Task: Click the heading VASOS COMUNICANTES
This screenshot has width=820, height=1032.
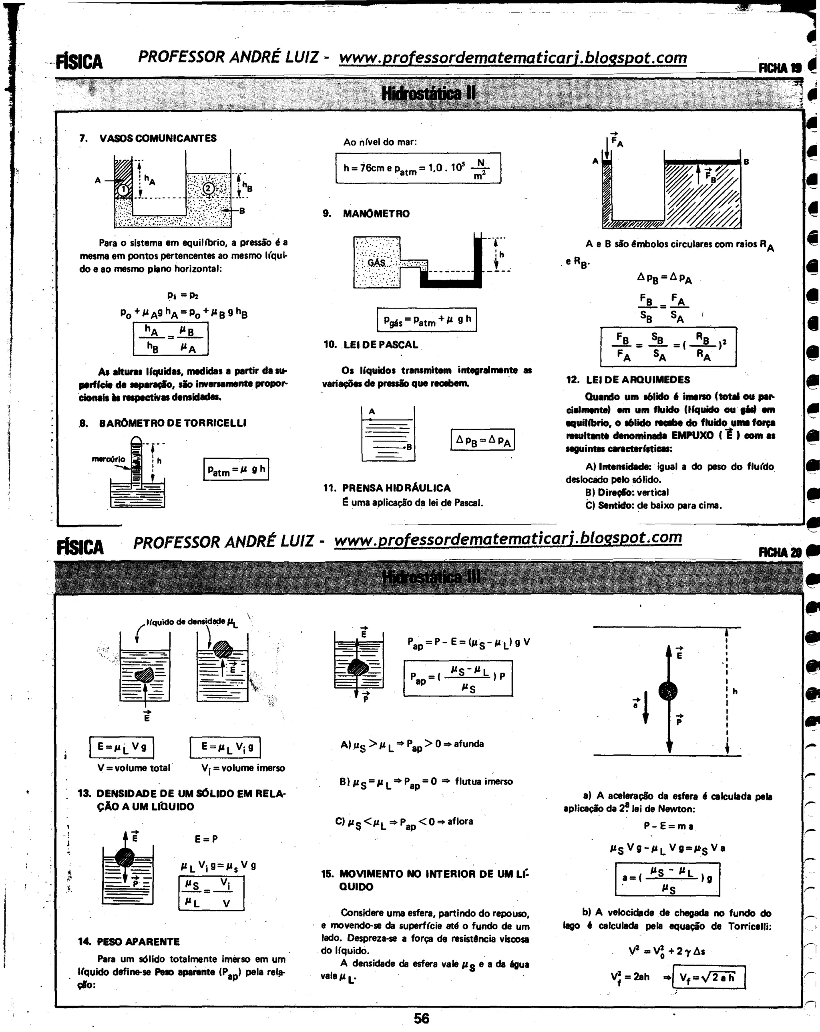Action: click(158, 138)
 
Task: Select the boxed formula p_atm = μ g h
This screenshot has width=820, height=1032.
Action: click(236, 470)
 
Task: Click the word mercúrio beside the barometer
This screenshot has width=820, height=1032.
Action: click(108, 459)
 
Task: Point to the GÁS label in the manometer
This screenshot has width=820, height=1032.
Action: click(376, 263)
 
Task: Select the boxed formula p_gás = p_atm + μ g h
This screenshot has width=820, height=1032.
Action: click(427, 320)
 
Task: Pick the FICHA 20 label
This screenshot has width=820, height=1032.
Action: click(779, 552)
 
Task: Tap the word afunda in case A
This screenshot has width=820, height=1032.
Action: click(469, 744)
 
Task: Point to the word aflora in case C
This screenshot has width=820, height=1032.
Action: click(460, 821)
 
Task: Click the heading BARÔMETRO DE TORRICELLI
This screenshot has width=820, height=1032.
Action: click(172, 423)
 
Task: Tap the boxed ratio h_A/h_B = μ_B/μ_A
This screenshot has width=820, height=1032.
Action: click(170, 339)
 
